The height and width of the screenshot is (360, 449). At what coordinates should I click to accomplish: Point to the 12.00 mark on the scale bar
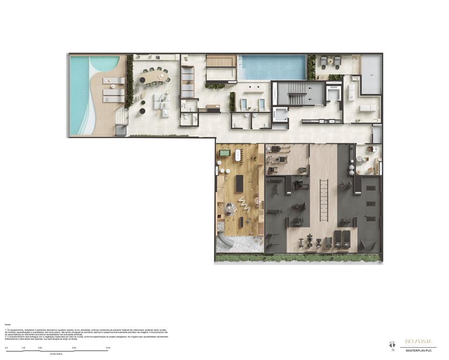point(108,348)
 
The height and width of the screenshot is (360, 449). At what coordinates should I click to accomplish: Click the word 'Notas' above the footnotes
point(7,324)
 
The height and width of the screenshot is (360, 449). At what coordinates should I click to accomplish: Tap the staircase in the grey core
point(296,94)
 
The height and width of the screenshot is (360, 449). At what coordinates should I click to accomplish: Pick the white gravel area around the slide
point(239,244)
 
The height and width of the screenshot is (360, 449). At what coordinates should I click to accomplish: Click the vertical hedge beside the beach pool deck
point(130,82)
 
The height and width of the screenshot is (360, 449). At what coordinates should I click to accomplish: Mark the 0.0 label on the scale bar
point(6,348)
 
